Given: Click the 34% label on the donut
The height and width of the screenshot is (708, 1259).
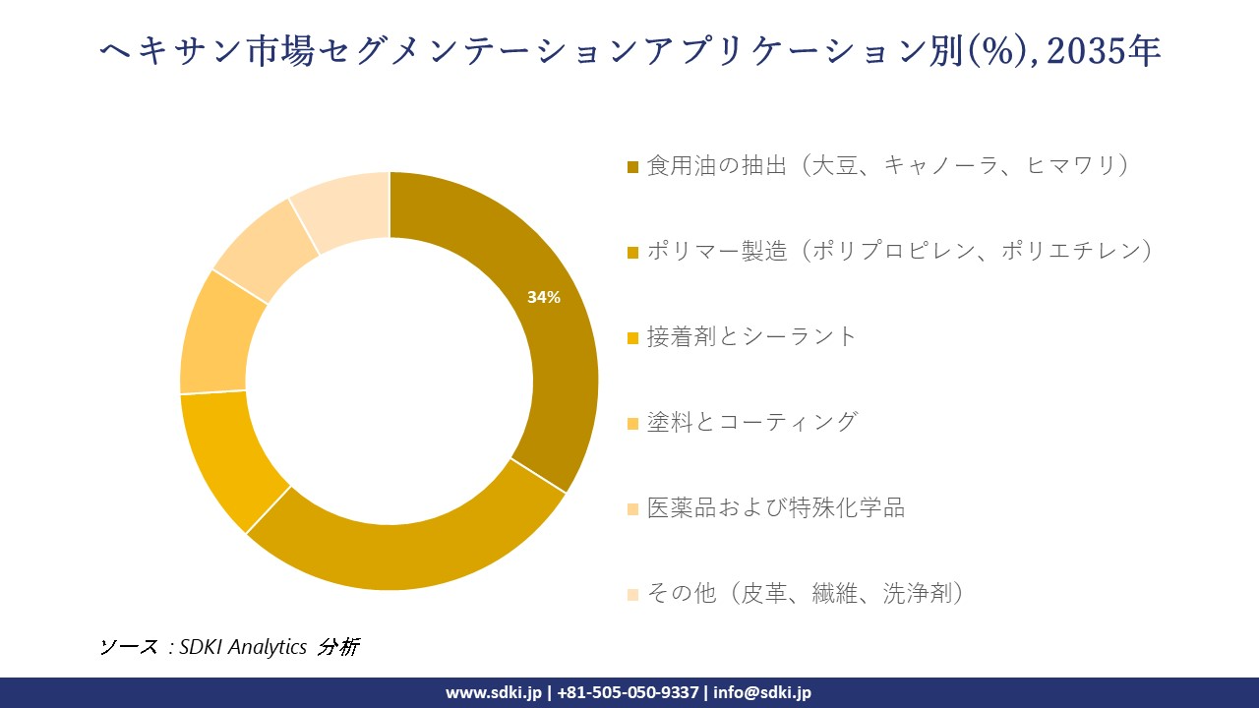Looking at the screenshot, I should pyautogui.click(x=544, y=297).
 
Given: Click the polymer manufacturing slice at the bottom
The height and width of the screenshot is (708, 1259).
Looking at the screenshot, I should pyautogui.click(x=403, y=556).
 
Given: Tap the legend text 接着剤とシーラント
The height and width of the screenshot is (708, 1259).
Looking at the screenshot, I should pyautogui.click(x=751, y=336).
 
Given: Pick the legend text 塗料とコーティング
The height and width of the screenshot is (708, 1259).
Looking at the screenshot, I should pyautogui.click(x=751, y=422).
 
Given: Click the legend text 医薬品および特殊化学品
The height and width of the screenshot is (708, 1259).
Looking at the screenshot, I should pyautogui.click(x=775, y=507).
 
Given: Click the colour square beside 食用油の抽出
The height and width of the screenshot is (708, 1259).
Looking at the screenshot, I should pyautogui.click(x=633, y=166).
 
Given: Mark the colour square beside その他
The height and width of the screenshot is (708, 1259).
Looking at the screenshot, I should pyautogui.click(x=633, y=594).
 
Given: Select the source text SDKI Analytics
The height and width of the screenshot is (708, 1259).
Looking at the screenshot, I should pyautogui.click(x=243, y=646).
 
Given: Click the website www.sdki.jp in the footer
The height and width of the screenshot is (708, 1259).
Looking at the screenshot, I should pyautogui.click(x=493, y=692).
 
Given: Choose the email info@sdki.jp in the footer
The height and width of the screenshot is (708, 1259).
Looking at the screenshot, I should pyautogui.click(x=762, y=692).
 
